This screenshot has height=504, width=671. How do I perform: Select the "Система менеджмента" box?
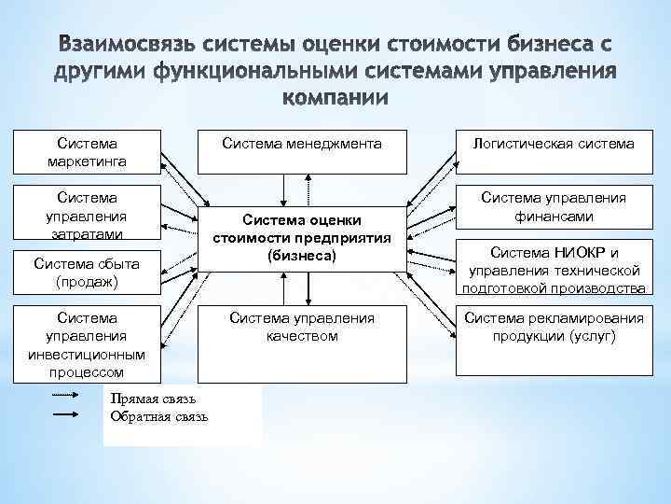[300, 152]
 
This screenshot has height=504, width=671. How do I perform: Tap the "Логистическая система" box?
[553, 152]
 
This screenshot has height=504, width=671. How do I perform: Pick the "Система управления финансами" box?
[553, 207]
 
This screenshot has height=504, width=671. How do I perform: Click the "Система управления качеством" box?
[300, 327]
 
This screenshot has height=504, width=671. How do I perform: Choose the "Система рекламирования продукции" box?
[553, 327]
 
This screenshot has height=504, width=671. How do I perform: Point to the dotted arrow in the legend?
[65, 397]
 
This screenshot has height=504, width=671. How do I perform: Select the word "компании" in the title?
[335, 98]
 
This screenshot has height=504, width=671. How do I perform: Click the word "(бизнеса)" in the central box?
[300, 254]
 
